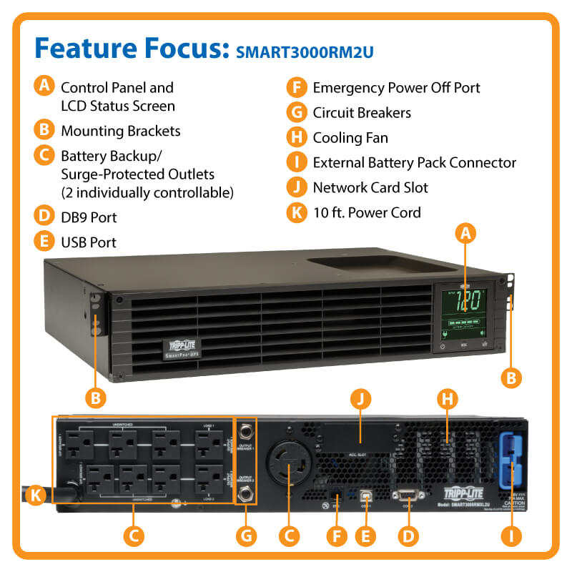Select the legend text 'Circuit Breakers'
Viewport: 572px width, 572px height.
[362, 112]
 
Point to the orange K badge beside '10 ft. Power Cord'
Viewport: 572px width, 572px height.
[295, 212]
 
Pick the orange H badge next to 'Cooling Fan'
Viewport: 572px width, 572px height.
[295, 137]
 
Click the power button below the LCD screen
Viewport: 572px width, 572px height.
[443, 345]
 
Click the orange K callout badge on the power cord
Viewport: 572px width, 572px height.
[36, 493]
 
